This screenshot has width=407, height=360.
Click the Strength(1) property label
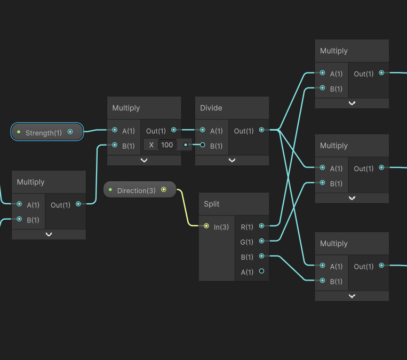point(44,132)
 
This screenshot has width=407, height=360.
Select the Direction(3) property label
point(136,190)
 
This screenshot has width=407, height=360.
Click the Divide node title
point(211,108)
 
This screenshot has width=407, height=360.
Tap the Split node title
point(212,204)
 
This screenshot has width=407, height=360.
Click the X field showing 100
point(167,145)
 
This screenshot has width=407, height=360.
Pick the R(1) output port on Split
point(261,227)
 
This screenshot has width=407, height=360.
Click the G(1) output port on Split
point(261,242)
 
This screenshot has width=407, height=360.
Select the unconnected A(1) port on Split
point(261,271)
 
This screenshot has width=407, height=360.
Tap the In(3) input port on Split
point(206,227)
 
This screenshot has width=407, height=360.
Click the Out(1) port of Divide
point(261,130)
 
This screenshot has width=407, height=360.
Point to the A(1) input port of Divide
point(203,130)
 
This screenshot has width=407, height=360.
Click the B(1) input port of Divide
point(203,145)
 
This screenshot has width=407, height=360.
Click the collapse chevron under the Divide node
point(232,160)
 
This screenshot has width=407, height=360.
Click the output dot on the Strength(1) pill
point(70,132)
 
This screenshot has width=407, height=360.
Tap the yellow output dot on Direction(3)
point(164,189)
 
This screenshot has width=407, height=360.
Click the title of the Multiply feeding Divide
point(126,108)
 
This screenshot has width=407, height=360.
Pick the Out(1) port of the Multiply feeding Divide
point(174,130)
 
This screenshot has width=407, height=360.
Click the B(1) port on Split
point(261,257)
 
